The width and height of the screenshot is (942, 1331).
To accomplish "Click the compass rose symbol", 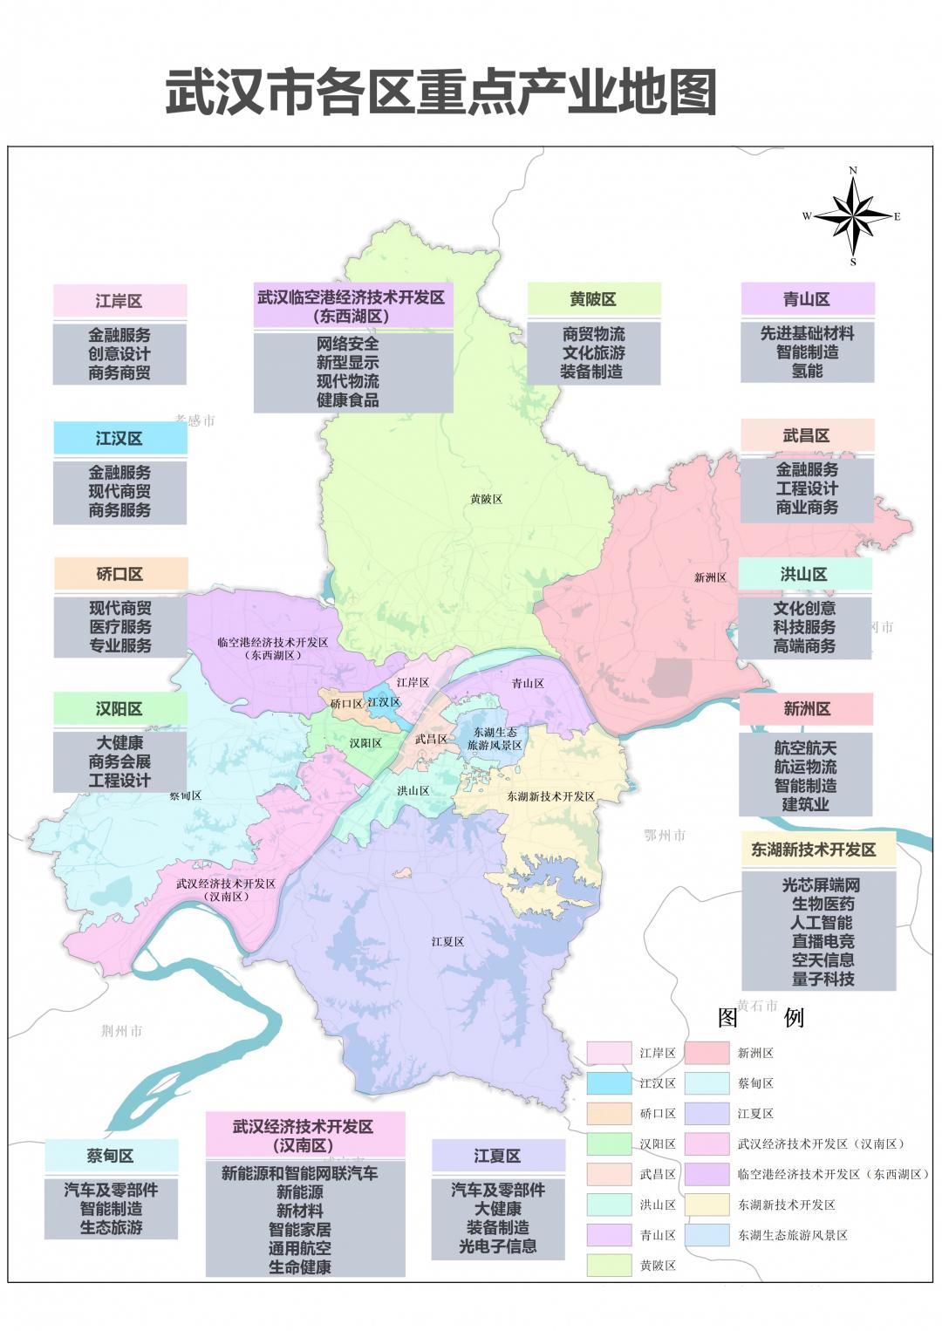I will tap(852, 215).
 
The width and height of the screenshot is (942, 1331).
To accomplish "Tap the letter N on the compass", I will tap(853, 171).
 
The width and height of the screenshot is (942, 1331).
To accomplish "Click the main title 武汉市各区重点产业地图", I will tap(441, 93).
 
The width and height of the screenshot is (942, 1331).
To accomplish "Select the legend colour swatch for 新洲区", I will tap(706, 1053).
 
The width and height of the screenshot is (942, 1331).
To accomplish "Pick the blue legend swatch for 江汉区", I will tap(608, 1083).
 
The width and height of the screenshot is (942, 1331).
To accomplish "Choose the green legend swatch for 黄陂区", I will tap(608, 1265).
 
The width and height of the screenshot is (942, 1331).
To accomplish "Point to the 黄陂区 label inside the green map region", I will tap(486, 500).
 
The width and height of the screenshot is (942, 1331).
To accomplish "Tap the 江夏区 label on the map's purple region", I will tap(447, 942).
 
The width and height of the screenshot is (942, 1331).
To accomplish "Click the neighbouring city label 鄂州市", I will tap(665, 836).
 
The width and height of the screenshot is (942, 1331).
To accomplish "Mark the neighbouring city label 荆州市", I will tap(121, 1031).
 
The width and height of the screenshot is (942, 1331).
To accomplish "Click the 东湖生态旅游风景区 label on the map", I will tap(495, 739).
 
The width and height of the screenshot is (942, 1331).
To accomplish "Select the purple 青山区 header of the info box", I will tap(807, 299).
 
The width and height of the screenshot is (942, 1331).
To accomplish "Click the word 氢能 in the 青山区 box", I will tap(807, 371).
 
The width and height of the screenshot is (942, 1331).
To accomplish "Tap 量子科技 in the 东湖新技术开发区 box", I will tap(823, 979).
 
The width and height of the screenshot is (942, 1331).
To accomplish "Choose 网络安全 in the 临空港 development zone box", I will tap(347, 344).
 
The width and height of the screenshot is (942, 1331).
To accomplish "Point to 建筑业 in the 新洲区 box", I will tap(805, 804).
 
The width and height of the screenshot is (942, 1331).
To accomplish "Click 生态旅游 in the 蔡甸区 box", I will tap(111, 1227).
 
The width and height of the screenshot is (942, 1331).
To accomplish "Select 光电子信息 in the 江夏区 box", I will tap(498, 1246).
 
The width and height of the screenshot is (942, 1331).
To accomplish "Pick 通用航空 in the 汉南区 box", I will tap(299, 1248).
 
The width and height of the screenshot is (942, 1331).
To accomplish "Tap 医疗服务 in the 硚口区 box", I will tap(120, 627).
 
